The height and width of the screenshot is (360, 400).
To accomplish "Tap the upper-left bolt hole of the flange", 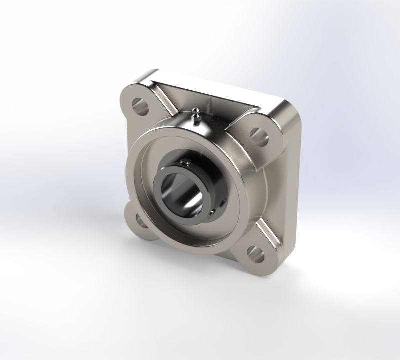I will click(140, 106).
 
